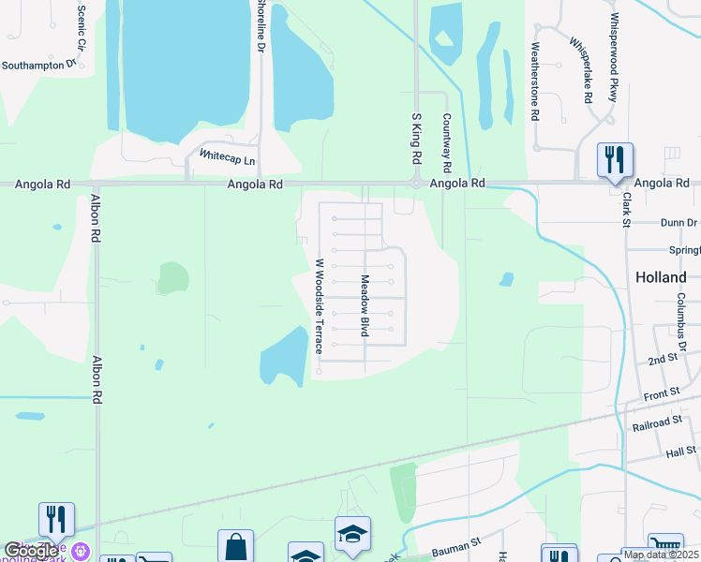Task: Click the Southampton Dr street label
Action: coord(38,65)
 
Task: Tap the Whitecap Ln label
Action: coord(227,160)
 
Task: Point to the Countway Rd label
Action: coord(447,143)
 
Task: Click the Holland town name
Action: coord(661,277)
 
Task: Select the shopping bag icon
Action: coord(235,546)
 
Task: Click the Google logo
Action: coord(31,551)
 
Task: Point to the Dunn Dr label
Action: coord(679,223)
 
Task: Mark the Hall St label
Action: coord(681,451)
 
